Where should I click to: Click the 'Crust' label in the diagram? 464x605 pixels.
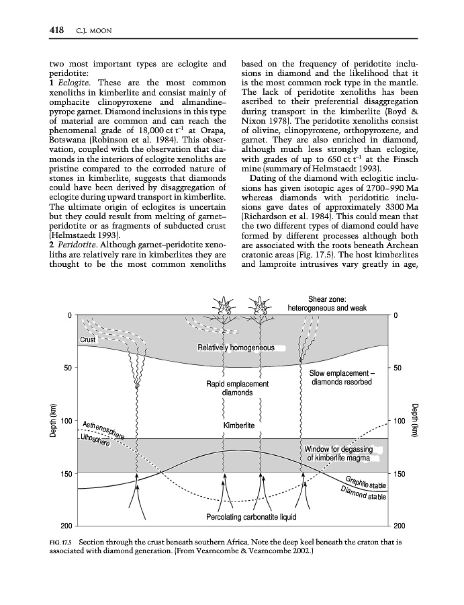coord(88,340)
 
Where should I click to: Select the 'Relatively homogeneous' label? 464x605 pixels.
coord(236,348)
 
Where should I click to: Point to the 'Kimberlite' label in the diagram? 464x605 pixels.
coord(239,426)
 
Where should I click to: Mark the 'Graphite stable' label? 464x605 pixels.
coord(367,483)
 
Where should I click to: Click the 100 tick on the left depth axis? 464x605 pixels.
coord(66,421)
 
